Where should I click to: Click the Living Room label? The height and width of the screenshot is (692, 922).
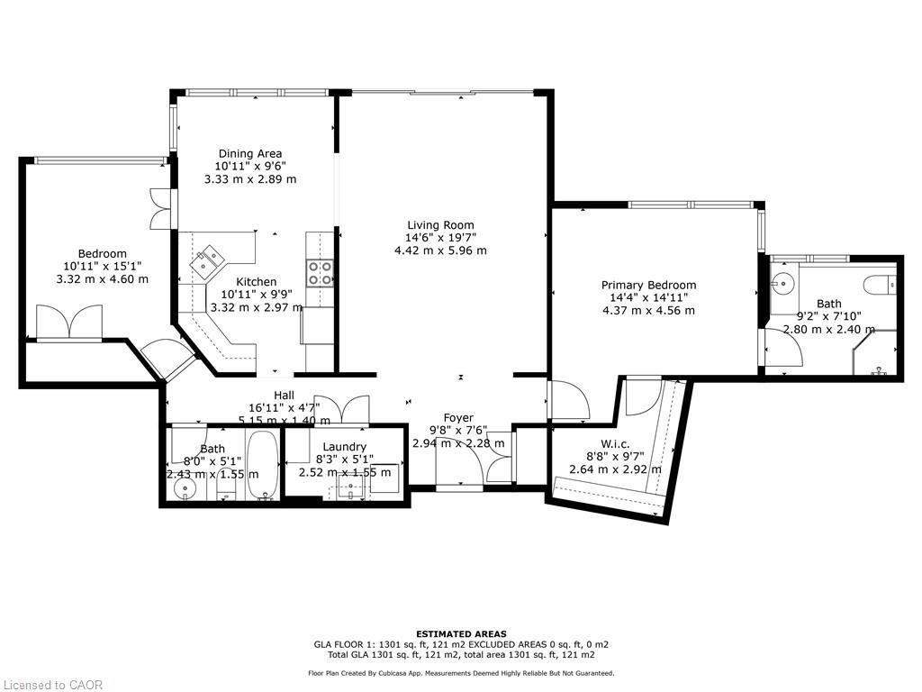click(440, 225)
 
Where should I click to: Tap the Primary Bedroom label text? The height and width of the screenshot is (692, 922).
click(648, 286)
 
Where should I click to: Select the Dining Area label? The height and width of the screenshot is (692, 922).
click(249, 154)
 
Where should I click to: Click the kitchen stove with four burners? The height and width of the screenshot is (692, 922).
click(320, 272)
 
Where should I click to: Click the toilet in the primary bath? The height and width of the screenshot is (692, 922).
click(880, 286)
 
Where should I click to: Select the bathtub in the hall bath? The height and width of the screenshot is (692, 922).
click(263, 466)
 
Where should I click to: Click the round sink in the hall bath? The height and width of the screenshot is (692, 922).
click(186, 490)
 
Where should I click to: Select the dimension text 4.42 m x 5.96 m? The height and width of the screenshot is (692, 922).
click(440, 250)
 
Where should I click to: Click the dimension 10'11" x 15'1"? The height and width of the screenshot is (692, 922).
click(102, 267)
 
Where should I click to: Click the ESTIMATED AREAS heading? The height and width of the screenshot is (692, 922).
click(461, 633)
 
